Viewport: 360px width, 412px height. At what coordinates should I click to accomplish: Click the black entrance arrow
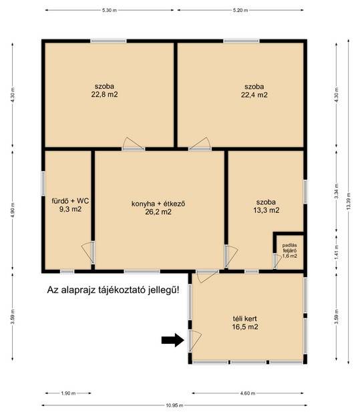[x=172, y=340]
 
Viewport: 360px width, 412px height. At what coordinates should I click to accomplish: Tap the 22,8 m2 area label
[x=104, y=95]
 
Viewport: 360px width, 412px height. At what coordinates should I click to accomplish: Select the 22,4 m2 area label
[x=254, y=95]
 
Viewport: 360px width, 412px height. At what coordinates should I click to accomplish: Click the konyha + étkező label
[x=158, y=204]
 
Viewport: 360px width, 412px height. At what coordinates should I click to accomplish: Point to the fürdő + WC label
[x=70, y=201]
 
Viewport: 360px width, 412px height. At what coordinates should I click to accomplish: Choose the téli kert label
[x=244, y=319]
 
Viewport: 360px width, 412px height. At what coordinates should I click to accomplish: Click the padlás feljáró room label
[x=290, y=248]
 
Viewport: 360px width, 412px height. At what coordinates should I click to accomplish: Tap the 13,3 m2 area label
[x=266, y=210]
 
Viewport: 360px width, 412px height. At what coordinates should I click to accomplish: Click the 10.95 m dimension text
[x=174, y=405]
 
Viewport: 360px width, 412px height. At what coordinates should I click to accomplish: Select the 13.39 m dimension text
[x=349, y=201]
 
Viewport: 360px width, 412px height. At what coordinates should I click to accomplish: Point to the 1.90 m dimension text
[x=68, y=393]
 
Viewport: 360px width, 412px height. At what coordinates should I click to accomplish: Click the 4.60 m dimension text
[x=248, y=393]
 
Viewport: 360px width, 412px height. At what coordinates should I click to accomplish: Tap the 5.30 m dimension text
[x=110, y=11]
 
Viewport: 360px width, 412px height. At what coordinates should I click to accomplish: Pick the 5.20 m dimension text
[x=240, y=11]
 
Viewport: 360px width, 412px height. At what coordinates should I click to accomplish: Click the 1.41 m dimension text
[x=337, y=252]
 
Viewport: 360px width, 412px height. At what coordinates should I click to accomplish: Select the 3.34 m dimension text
[x=337, y=191]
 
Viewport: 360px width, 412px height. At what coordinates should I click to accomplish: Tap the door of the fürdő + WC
[x=88, y=252]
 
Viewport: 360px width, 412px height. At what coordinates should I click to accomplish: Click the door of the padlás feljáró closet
[x=277, y=261]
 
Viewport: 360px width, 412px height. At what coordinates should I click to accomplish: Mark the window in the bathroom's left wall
[x=43, y=184]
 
